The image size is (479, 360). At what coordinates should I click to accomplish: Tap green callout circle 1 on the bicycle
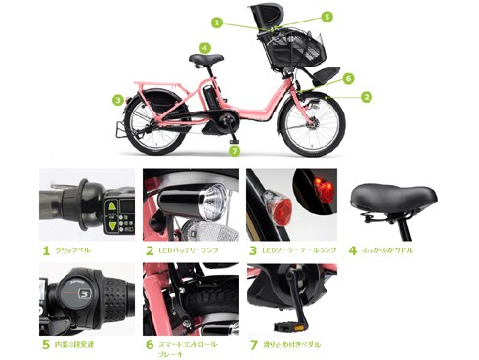217,22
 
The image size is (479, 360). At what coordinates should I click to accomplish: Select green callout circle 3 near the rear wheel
117,99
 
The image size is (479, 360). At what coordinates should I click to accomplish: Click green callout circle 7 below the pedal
234,152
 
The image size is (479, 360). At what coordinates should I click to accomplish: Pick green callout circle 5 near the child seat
327,17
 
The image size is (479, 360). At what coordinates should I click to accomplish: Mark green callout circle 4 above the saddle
204,46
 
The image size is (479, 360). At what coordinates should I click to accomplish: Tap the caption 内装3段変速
80,344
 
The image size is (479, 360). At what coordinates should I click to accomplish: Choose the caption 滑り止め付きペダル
292,344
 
